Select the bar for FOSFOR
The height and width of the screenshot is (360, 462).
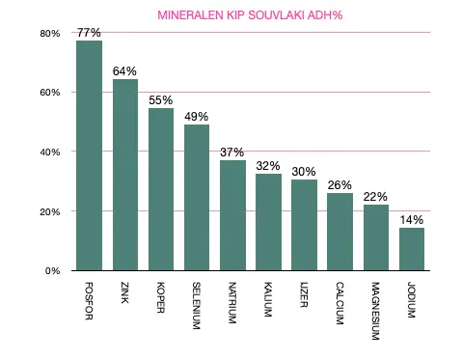[x=89, y=155]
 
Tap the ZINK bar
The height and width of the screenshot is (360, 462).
[x=125, y=175]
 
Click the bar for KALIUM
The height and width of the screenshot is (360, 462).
[x=268, y=222]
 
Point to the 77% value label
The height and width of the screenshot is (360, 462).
[x=89, y=32]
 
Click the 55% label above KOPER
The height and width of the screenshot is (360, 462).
[x=161, y=99]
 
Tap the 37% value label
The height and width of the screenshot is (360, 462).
[x=232, y=152]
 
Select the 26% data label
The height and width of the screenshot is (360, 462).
[x=340, y=185]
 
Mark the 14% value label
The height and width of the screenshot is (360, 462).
[x=412, y=220]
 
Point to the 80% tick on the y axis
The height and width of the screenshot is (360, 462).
[x=49, y=33]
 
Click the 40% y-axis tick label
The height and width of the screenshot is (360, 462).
[x=49, y=152]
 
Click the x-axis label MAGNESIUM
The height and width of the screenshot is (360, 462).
[x=375, y=312]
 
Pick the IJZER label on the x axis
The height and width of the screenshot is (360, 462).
[x=304, y=295]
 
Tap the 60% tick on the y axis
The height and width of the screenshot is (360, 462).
[x=49, y=93]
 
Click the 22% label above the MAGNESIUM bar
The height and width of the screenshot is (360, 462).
[x=376, y=197]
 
